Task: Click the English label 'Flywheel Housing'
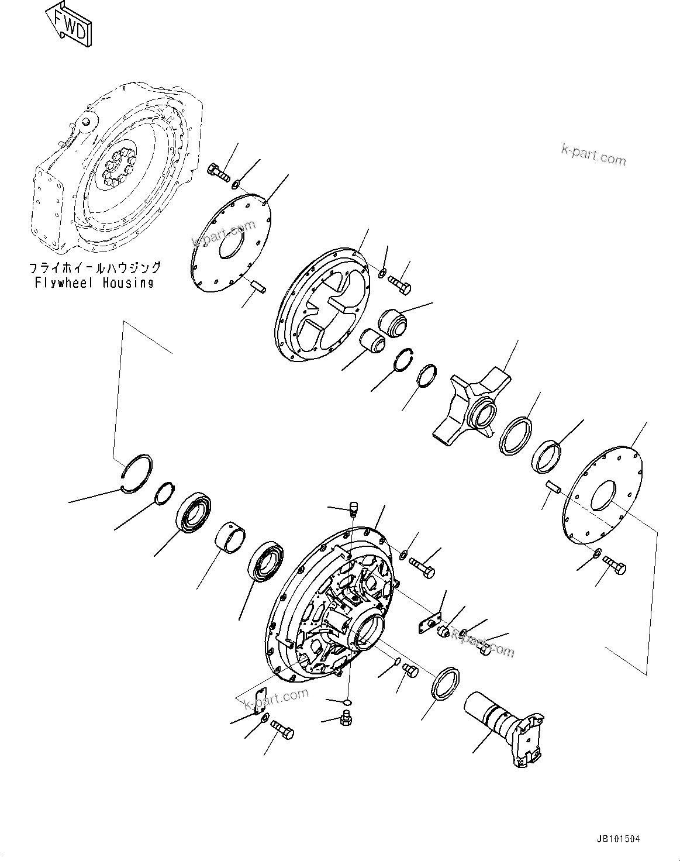pyautogui.click(x=94, y=283)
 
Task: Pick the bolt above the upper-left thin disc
pyautogui.click(x=219, y=173)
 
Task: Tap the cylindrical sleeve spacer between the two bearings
pyautogui.click(x=230, y=538)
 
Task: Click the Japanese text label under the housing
pyautogui.click(x=95, y=268)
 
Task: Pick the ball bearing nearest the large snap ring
pyautogui.click(x=194, y=514)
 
